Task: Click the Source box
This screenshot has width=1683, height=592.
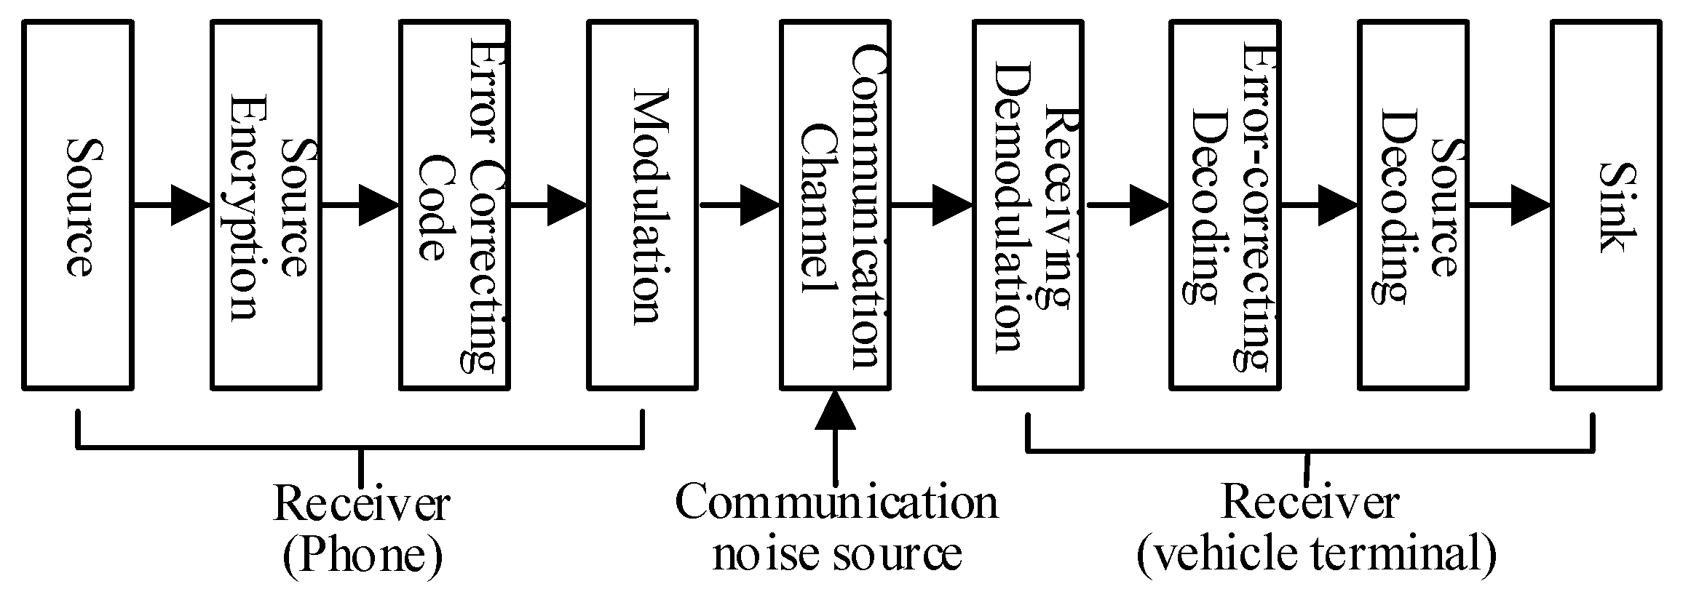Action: click(x=78, y=206)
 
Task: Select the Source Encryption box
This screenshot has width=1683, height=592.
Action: click(x=266, y=206)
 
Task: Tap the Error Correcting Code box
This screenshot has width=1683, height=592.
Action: click(x=454, y=206)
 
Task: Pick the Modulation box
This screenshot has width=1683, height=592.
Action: click(x=642, y=206)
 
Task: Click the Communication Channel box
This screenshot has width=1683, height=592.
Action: click(x=835, y=206)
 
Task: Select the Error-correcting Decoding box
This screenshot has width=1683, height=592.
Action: click(x=1224, y=206)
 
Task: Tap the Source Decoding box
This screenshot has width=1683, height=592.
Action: click(x=1413, y=206)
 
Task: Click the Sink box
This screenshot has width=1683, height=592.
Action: click(x=1607, y=206)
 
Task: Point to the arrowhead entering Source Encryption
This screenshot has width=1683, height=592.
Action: click(x=191, y=206)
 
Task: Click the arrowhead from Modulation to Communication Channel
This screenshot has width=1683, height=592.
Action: click(x=760, y=206)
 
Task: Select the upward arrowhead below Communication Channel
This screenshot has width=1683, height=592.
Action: click(x=835, y=411)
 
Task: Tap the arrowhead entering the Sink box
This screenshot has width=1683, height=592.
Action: click(x=1531, y=206)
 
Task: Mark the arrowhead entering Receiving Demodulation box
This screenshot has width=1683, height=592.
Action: click(x=953, y=206)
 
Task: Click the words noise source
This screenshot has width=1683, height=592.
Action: click(x=837, y=554)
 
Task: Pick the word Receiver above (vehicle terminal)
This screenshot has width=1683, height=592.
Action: click(x=1310, y=502)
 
